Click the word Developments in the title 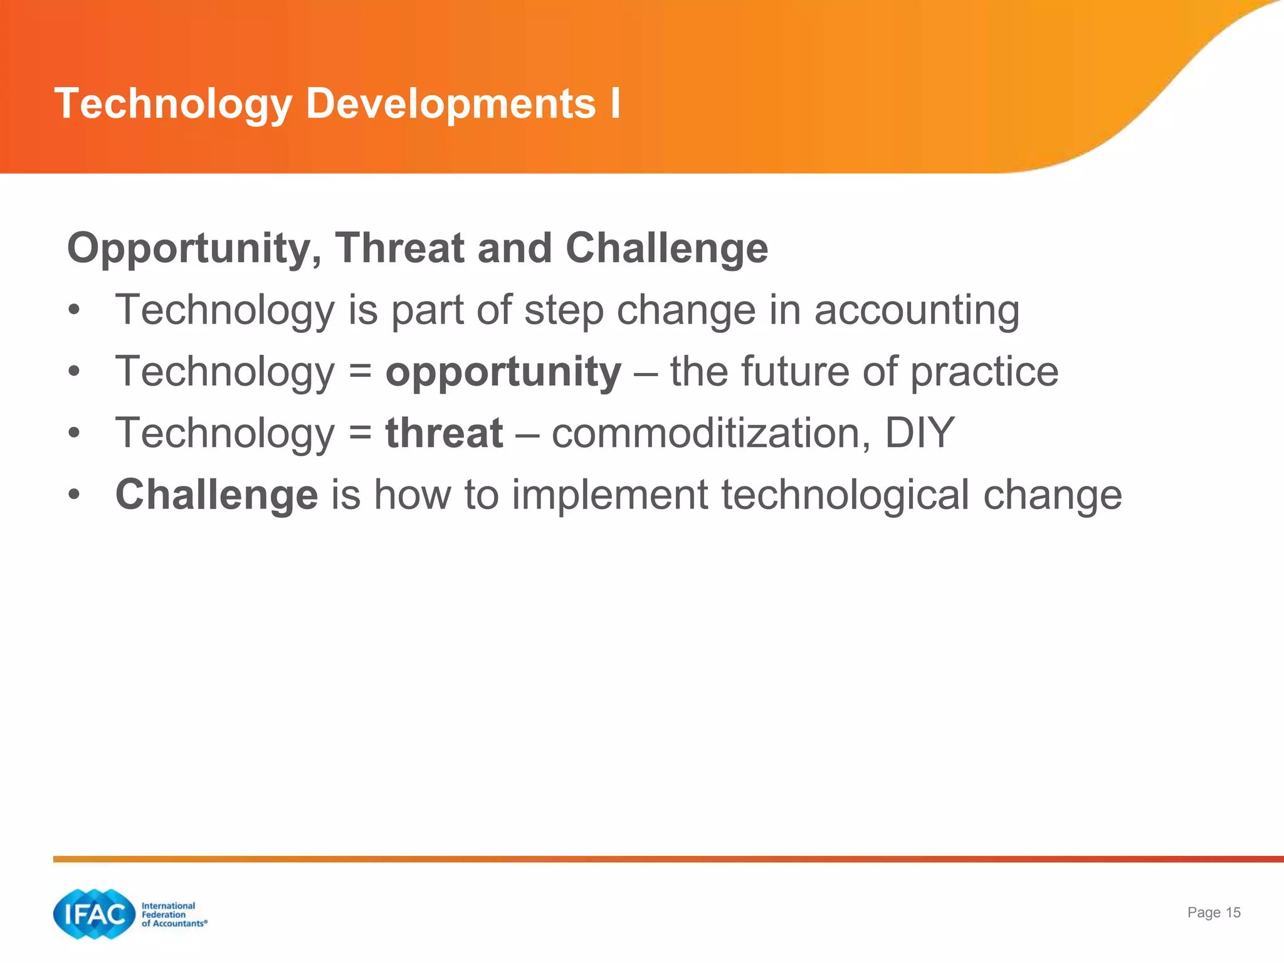[x=450, y=103]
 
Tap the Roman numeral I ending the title [x=615, y=103]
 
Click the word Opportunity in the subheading [x=194, y=249]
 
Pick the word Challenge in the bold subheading [x=666, y=249]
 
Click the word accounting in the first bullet [x=917, y=310]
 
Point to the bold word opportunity [x=503, y=372]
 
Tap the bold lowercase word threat [x=444, y=433]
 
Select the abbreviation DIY [x=920, y=433]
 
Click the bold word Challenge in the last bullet [x=217, y=495]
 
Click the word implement [x=610, y=495]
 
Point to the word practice [x=984, y=372]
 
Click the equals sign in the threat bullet [x=360, y=433]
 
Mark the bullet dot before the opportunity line [x=75, y=372]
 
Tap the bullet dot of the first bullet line [x=75, y=310]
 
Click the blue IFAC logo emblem [x=95, y=914]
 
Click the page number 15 [x=1233, y=913]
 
